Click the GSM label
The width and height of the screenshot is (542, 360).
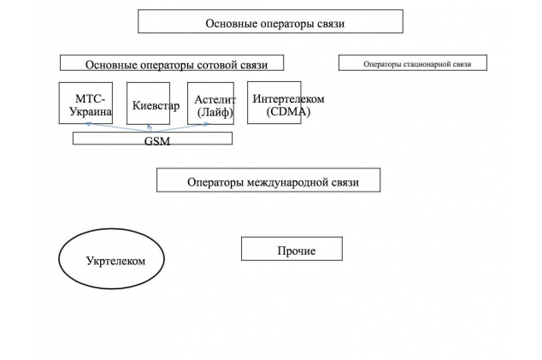[x=157, y=141]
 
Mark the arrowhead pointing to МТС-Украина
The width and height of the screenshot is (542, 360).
[x=88, y=123]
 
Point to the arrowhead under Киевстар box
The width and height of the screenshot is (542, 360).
[x=149, y=127]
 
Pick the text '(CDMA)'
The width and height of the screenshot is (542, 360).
[x=288, y=112]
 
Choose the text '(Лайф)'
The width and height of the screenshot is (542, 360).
[x=215, y=112]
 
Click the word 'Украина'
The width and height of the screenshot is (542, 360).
[x=91, y=111]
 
